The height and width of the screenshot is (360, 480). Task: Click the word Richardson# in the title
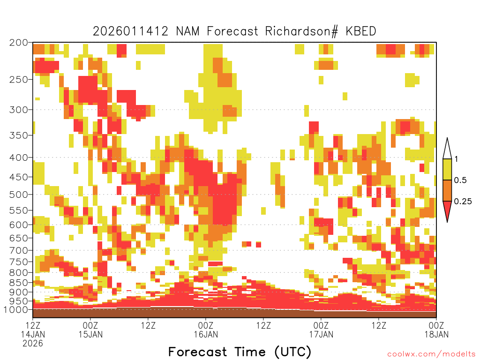pyautogui.click(x=302, y=31)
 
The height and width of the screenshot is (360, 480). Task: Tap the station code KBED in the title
pyautogui.click(x=361, y=31)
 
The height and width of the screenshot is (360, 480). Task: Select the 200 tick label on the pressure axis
pyautogui.click(x=19, y=43)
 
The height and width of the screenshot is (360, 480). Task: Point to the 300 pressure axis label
pyautogui.click(x=19, y=110)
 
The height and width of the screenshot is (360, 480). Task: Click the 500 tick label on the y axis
pyautogui.click(x=19, y=195)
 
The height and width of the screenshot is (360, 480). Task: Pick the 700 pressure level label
pyautogui.click(x=19, y=250)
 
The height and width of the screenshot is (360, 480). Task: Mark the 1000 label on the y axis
pyautogui.click(x=15, y=309)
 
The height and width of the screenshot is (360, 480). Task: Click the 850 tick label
pyautogui.click(x=19, y=283)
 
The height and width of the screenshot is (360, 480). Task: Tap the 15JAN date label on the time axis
pyautogui.click(x=90, y=334)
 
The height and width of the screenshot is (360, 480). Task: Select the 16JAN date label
pyautogui.click(x=206, y=334)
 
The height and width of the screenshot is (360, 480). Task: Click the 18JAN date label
pyautogui.click(x=436, y=334)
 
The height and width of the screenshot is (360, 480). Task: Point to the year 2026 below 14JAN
pyautogui.click(x=33, y=343)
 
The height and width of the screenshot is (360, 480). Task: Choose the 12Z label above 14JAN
pyautogui.click(x=33, y=325)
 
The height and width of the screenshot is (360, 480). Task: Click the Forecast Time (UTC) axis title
pyautogui.click(x=240, y=352)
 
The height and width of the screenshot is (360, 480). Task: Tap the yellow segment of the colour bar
pyautogui.click(x=447, y=169)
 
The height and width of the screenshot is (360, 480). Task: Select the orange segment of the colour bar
pyautogui.click(x=447, y=190)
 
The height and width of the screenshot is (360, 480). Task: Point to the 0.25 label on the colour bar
pyautogui.click(x=463, y=202)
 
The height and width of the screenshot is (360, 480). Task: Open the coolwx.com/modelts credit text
pyautogui.click(x=431, y=354)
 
